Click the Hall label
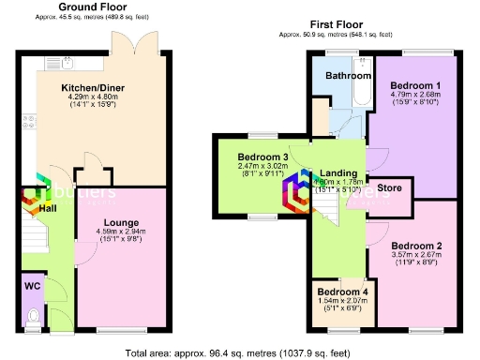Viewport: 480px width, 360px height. (x=47, y=207)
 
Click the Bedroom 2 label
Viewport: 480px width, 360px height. (x=418, y=245)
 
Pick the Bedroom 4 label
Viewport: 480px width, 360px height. (x=342, y=291)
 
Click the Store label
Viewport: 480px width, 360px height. (x=389, y=188)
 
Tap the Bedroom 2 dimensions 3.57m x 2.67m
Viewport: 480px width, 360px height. (x=418, y=258)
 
